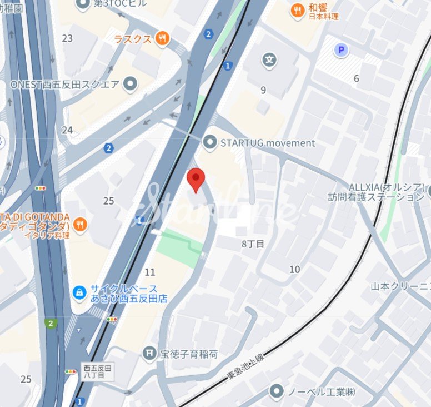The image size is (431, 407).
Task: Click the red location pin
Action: tap(196, 179)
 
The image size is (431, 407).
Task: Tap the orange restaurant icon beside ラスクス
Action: tap(162, 38)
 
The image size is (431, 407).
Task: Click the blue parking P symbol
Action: tap(341, 51)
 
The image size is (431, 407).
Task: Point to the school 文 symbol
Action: tap(270, 59)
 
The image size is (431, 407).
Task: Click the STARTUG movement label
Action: tap(268, 143)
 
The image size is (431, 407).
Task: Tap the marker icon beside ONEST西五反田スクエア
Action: tap(131, 85)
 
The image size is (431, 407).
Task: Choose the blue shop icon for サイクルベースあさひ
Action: tap(80, 291)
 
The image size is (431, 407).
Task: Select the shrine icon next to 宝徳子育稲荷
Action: tap(149, 353)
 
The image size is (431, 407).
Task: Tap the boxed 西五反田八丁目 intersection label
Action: tap(98, 372)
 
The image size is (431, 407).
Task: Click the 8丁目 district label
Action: tap(253, 244)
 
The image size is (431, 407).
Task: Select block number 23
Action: tap(67, 38)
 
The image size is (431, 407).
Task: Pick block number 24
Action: tap(67, 130)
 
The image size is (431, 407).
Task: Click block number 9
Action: tap(263, 90)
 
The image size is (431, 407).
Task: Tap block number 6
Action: tap(357, 79)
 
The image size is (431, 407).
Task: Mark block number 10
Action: tap(294, 270)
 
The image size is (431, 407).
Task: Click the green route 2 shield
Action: tap(52, 323)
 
